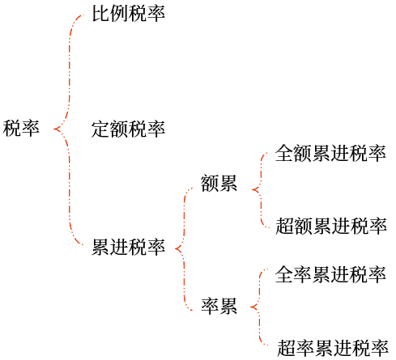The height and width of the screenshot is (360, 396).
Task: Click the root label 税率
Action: click(x=22, y=128)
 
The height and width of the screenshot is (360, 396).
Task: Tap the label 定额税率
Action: click(x=129, y=129)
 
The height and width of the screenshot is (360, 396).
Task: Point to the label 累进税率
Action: click(x=129, y=247)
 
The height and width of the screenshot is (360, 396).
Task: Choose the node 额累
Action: click(x=219, y=184)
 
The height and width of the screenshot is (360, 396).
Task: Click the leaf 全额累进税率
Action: click(x=331, y=154)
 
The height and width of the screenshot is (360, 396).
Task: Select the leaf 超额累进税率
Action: click(x=331, y=225)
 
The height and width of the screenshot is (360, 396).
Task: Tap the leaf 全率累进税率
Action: click(x=331, y=274)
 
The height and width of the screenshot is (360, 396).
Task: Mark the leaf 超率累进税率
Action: click(x=331, y=349)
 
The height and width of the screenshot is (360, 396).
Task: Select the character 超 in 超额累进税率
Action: click(x=285, y=225)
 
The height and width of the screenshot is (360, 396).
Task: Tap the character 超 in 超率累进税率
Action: click(x=285, y=349)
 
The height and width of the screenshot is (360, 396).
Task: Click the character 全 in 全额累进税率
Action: click(x=285, y=154)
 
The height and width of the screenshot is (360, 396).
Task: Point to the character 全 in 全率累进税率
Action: click(x=285, y=274)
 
